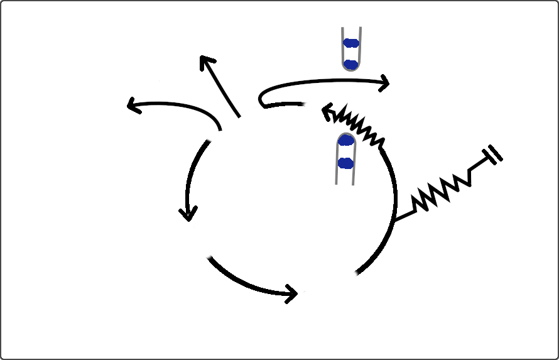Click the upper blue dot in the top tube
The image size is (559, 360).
point(351,43)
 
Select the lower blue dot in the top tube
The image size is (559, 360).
point(351,64)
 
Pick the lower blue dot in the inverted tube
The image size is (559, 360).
point(345,163)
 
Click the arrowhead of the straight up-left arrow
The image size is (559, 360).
point(205,60)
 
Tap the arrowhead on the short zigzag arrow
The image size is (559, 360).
point(327,112)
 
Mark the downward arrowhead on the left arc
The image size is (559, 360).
point(187,214)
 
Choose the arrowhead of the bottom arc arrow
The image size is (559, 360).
point(292,293)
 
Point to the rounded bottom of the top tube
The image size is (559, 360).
point(351,68)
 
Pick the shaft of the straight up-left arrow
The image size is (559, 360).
point(224,90)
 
